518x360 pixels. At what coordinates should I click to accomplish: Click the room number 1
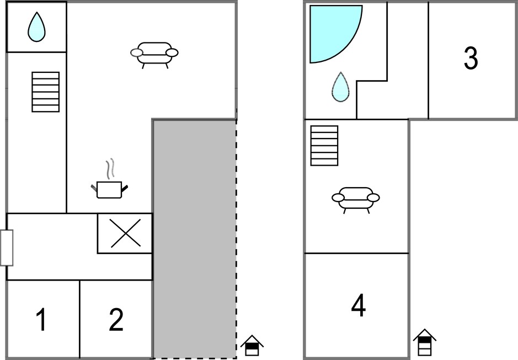pos(41,319)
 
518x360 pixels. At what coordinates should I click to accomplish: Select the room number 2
pos(116,319)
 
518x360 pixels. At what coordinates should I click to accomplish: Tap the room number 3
pos(471,58)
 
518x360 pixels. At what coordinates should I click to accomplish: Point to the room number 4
pos(358,305)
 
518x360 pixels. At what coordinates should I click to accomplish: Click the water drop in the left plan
pos(36,27)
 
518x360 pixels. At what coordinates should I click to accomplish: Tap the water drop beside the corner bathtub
pos(340,87)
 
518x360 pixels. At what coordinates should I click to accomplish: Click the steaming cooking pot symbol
pos(109,189)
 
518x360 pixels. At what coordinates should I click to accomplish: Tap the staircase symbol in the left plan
pos(46,92)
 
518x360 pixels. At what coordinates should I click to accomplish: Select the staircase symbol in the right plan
pos(324,145)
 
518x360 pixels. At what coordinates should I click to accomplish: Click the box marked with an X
pos(125,233)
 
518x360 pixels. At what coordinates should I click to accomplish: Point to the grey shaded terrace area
pos(195,239)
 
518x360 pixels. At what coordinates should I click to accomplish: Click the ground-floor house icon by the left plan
pos(252,346)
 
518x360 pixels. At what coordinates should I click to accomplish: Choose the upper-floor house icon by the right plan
pos(425,342)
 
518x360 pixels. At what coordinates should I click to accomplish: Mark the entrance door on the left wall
pos(6,248)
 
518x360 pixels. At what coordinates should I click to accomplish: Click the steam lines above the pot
pos(110,168)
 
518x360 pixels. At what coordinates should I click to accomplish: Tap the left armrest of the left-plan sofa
pos(136,52)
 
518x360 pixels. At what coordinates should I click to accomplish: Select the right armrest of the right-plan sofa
pos(373,198)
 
